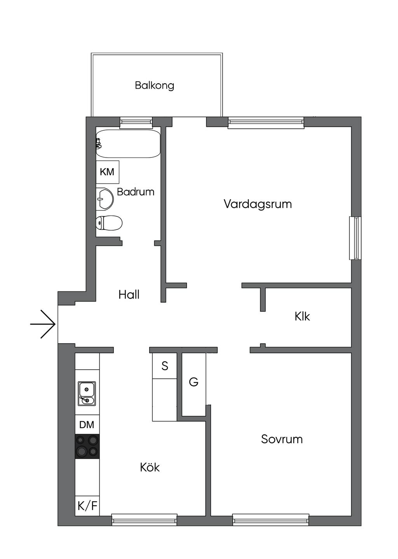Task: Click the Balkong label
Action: click(154, 85)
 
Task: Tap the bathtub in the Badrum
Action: click(128, 144)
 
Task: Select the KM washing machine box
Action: click(107, 172)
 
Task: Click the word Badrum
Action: click(136, 192)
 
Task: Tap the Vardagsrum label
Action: click(257, 204)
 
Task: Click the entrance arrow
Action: click(43, 324)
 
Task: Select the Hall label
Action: click(129, 294)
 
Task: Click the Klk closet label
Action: click(302, 316)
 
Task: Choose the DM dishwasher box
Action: click(87, 424)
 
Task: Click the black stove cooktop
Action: click(87, 446)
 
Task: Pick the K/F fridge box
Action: click(87, 506)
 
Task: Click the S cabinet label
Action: click(165, 366)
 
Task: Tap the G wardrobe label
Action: click(194, 382)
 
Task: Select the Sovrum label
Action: click(281, 439)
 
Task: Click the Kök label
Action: click(150, 467)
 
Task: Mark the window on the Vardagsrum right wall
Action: click(355, 238)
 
